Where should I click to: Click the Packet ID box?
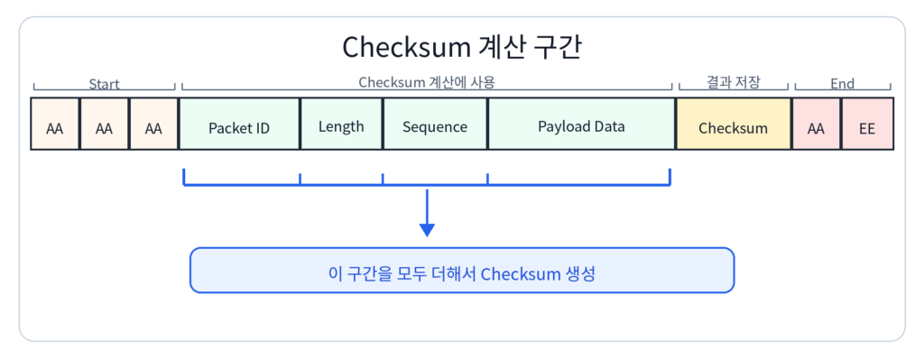[239, 123]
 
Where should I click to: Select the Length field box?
[342, 123]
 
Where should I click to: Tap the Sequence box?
[435, 123]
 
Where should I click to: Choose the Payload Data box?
[582, 123]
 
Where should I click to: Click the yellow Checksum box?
[734, 123]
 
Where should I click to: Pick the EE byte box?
[867, 123]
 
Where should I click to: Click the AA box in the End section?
[816, 123]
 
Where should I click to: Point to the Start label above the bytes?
[105, 84]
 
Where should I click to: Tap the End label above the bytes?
[842, 84]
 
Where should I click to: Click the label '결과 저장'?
[734, 82]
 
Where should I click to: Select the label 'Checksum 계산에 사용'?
[427, 82]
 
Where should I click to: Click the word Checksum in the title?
[406, 48]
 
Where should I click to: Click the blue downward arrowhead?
[427, 230]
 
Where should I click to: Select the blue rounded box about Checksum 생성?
[462, 270]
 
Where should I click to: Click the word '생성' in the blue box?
[580, 274]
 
